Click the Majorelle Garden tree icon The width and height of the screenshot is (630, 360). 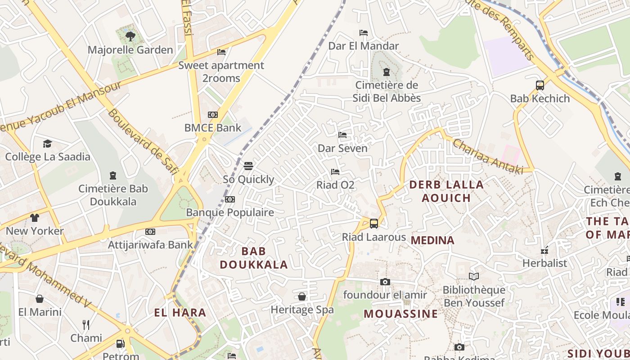point(130,36)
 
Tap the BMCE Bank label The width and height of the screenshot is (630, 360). point(213,128)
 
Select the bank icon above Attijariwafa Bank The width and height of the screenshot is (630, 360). point(150,232)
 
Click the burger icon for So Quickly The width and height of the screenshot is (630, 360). point(248,166)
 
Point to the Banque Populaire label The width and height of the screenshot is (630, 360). point(230,212)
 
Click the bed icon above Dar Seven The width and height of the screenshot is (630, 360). point(342,135)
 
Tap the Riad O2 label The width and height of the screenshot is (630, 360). point(335,185)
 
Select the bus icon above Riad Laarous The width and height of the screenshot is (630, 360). point(373,223)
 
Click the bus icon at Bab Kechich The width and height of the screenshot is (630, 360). point(540,85)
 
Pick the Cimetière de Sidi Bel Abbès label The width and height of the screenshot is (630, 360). point(387,91)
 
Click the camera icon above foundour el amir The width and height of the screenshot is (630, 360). point(385,282)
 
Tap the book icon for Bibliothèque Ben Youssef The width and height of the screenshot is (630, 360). point(473,276)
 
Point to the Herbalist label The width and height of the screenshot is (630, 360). point(544,263)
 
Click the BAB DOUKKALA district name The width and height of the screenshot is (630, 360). point(254,258)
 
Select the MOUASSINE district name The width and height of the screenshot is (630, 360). point(400,314)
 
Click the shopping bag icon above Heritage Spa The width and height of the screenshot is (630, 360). point(302,297)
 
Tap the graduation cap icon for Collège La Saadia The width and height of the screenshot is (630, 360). point(47,144)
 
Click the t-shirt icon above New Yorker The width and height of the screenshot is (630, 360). point(35,218)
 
